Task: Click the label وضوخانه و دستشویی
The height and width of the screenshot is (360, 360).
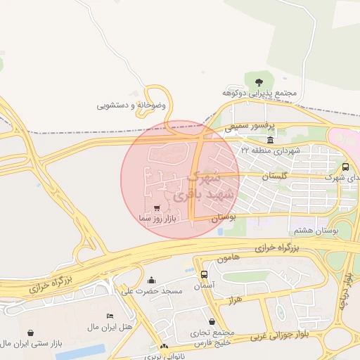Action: (131, 105)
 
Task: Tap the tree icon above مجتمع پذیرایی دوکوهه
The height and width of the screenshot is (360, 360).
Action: (259, 82)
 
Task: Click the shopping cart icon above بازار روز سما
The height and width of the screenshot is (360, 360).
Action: (156, 208)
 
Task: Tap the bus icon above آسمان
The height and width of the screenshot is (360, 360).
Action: (204, 275)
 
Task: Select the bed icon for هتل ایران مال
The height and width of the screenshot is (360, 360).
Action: (109, 316)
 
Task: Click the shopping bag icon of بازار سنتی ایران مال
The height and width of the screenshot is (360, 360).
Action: (30, 333)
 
